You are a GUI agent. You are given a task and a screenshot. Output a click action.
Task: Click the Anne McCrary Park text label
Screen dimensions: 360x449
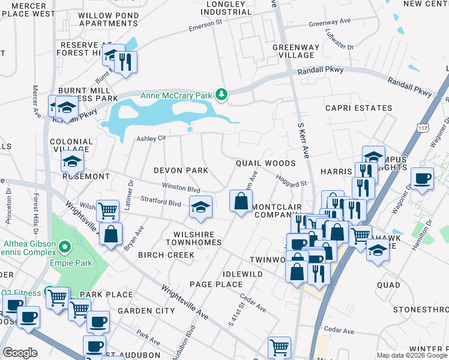coord(176,95)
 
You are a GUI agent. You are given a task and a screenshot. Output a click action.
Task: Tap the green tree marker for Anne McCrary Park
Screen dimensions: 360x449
coord(222,94)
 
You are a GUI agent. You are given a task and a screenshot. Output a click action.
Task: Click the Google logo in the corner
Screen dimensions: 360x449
coord(19,353)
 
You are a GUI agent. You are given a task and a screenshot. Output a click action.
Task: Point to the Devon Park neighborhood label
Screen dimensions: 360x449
coord(181,170)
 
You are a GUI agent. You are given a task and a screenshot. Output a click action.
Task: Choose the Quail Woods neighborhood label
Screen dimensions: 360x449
coord(265,163)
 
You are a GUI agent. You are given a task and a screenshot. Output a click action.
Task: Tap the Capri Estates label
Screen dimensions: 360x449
coord(358,109)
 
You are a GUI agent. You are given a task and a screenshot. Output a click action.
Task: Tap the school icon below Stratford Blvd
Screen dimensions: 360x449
coord(200,208)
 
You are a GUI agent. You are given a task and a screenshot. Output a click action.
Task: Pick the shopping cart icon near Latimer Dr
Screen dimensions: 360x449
coord(107,211)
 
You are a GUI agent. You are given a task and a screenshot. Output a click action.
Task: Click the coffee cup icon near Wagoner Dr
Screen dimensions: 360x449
coord(422,178)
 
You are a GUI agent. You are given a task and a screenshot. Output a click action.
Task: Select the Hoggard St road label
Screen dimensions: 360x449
coord(292,179)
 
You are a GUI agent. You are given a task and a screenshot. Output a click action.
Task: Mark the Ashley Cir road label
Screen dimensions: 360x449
coord(151,139)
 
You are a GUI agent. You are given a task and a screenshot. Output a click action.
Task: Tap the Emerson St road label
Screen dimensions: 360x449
coord(205,27)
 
